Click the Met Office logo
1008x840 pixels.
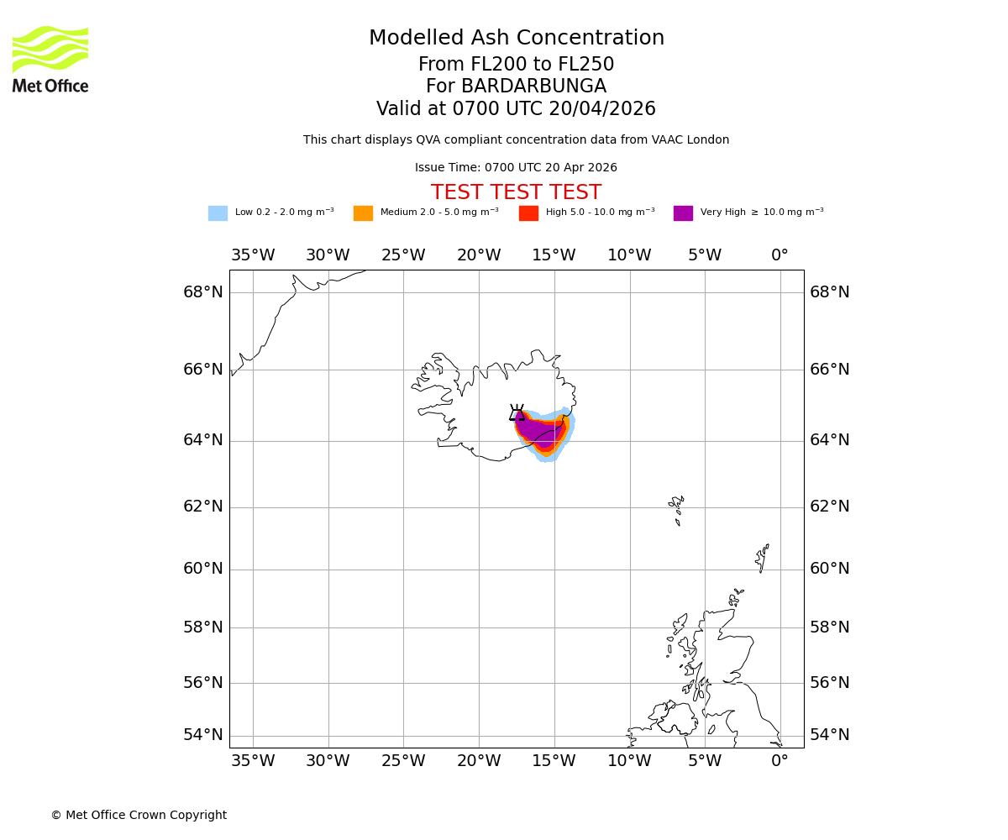50,59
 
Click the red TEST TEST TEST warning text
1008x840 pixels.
516,192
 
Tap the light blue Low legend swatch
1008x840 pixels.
218,213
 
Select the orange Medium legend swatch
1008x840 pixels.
363,213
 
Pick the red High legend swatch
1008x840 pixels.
528,213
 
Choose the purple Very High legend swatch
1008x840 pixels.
683,213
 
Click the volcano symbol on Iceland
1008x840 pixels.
517,412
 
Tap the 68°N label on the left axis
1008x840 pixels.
203,292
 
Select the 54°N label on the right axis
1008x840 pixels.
830,735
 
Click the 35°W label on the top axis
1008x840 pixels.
253,255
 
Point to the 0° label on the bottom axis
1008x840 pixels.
780,761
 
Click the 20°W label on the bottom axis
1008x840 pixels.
479,761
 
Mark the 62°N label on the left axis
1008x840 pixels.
203,507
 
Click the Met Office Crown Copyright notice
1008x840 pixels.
139,815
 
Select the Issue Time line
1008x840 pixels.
516,168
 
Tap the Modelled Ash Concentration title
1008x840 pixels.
516,38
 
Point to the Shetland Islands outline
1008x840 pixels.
763,557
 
